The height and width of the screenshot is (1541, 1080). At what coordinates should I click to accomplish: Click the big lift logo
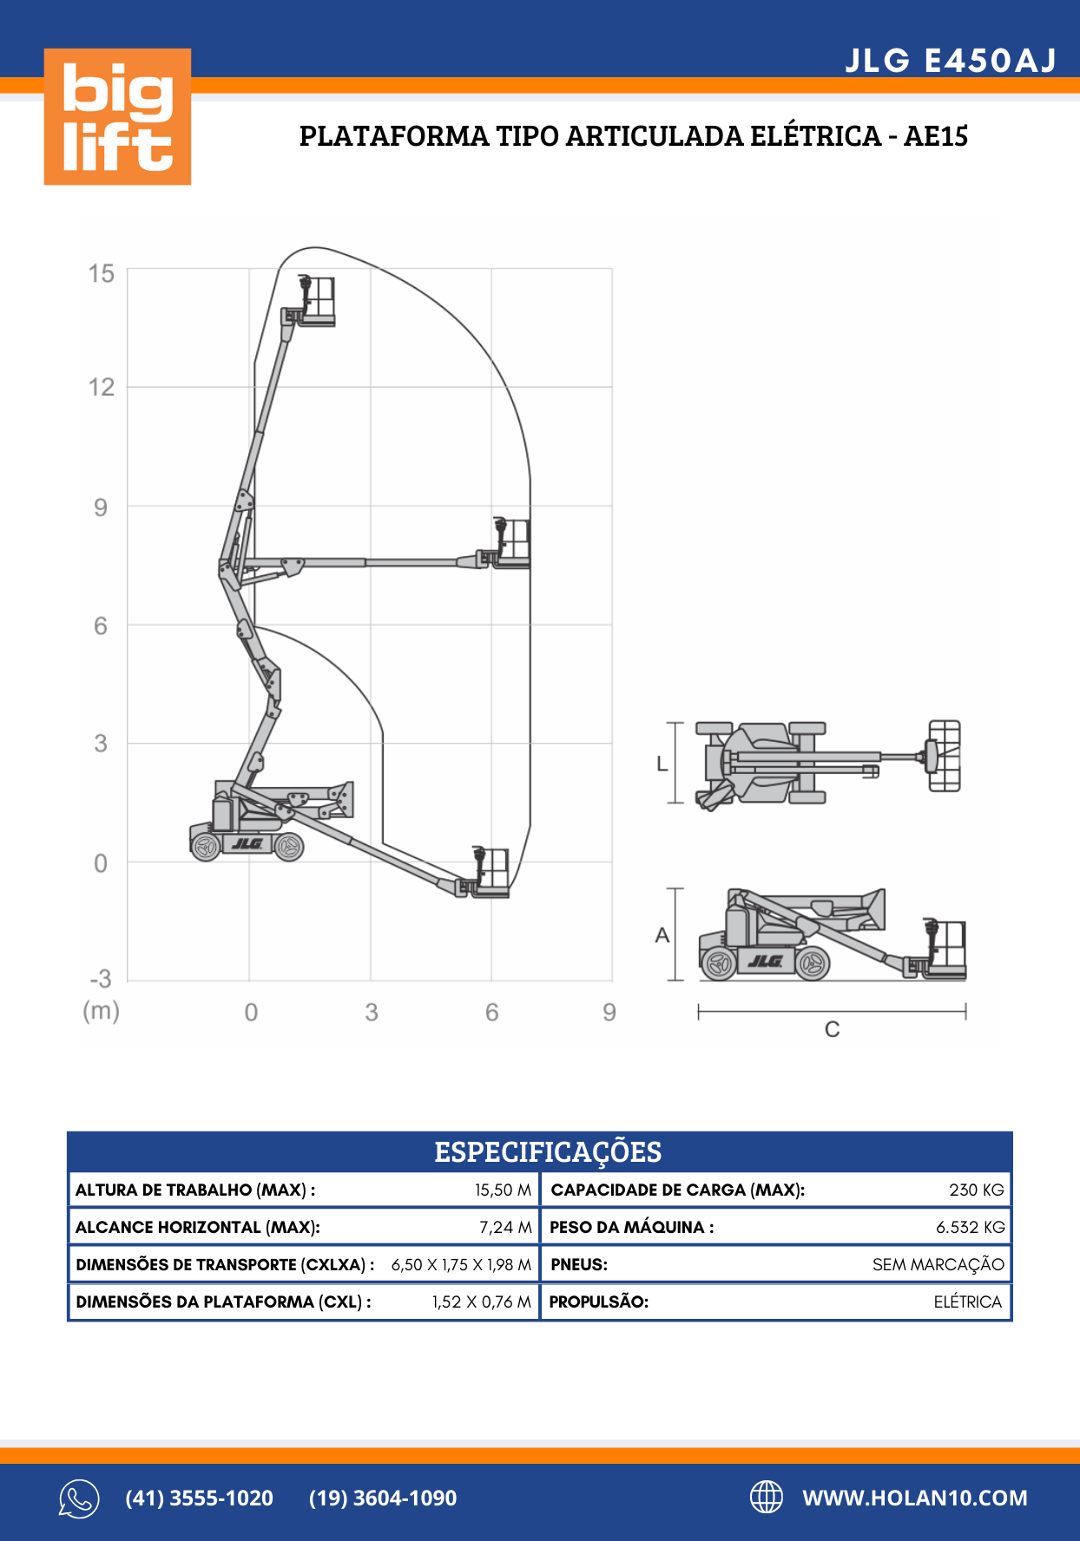[117, 116]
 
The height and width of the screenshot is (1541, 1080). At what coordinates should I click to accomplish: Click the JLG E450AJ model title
[951, 61]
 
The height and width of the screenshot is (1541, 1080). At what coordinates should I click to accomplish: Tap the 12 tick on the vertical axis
[102, 387]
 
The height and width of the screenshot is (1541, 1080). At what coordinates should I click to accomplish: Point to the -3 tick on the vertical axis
[101, 980]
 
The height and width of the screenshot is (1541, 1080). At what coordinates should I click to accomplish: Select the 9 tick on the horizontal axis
[609, 1013]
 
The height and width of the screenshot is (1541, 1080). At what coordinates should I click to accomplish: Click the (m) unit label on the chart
[101, 1011]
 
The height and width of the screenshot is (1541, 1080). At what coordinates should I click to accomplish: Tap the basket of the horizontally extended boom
[512, 543]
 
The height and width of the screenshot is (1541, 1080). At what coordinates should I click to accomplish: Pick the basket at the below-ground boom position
[491, 872]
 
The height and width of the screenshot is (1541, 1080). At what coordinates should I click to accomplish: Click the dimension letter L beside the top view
[662, 764]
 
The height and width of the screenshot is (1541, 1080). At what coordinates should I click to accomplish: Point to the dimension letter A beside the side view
[662, 935]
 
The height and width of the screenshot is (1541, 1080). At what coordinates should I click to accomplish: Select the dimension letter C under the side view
[832, 1030]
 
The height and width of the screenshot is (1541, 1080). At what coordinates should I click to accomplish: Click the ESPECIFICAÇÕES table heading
[548, 1152]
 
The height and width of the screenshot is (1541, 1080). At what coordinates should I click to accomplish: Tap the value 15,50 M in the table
[503, 1190]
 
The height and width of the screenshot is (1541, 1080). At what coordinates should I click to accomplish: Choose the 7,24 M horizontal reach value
[505, 1228]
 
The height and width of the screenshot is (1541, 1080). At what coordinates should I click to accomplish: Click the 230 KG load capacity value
[976, 1190]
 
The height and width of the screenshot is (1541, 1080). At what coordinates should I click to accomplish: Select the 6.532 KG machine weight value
[970, 1228]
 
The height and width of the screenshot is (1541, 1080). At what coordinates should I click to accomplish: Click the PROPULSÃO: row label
[599, 1302]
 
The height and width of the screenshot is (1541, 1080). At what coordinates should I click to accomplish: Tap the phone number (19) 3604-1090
[383, 1498]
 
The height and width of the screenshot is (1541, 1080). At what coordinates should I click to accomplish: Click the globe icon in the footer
[766, 1497]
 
